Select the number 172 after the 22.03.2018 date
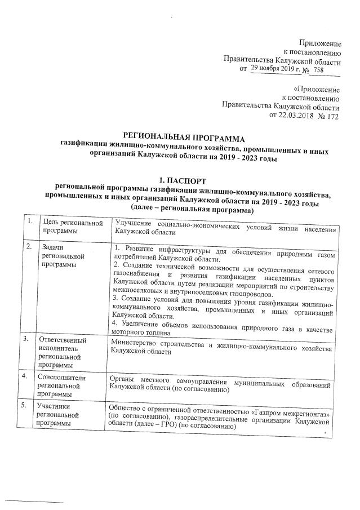(x=332, y=116)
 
